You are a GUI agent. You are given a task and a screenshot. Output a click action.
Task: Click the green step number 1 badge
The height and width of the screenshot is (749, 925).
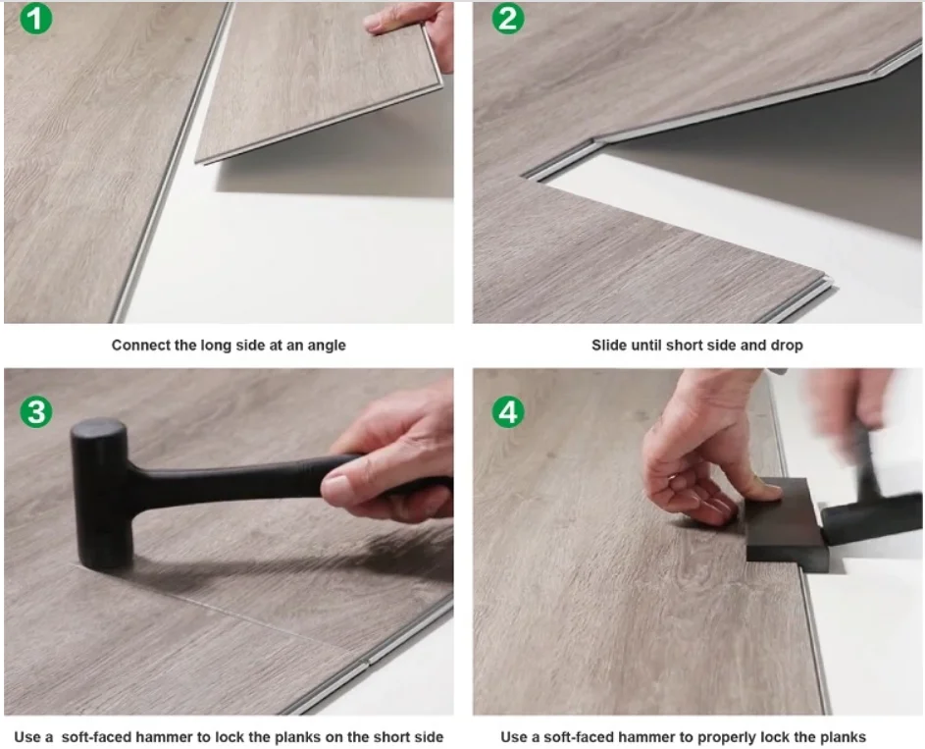point(36,19)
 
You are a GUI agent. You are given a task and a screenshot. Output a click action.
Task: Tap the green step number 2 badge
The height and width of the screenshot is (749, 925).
point(508,19)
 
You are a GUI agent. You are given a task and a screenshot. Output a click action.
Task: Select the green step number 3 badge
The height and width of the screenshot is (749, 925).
point(36,411)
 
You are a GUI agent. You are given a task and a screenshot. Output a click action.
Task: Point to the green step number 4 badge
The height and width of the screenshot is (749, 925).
point(508,411)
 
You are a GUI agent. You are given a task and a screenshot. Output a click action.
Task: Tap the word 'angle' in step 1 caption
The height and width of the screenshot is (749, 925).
point(327,347)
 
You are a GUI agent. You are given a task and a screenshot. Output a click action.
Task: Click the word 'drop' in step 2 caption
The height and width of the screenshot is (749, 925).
point(787,347)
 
